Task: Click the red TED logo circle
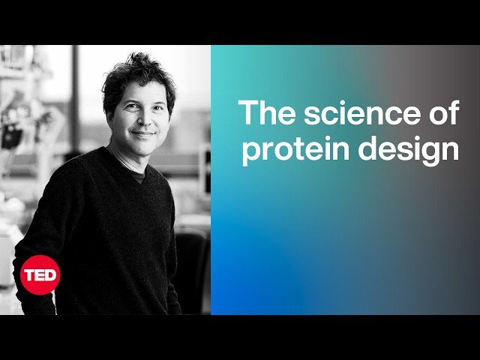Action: (39, 274)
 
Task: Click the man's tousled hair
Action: (139, 71)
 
